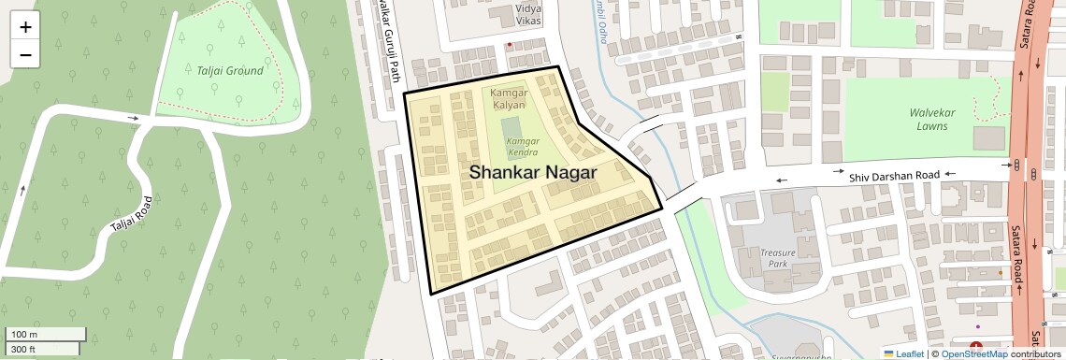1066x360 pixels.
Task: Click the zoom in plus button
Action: click(25, 26)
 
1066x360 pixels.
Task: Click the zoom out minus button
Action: click(25, 54)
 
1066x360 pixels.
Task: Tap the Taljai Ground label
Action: click(230, 70)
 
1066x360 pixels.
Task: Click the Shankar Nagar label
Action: click(532, 172)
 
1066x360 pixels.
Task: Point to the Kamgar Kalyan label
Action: click(510, 99)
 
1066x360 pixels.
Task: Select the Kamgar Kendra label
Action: click(523, 147)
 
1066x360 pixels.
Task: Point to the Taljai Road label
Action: click(131, 214)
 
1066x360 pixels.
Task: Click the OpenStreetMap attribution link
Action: click(974, 353)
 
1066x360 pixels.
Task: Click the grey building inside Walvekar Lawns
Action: click(988, 138)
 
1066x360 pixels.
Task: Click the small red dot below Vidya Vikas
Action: click(509, 44)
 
